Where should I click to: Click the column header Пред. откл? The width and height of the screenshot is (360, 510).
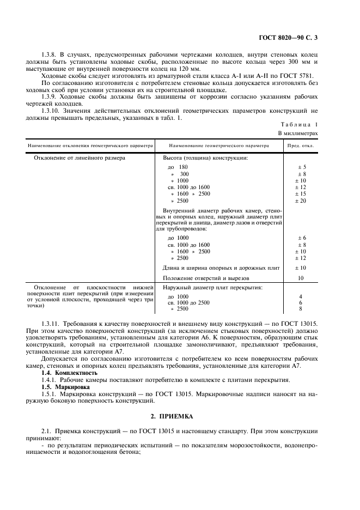[300, 146]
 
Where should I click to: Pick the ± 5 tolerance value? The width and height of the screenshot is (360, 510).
[302, 167]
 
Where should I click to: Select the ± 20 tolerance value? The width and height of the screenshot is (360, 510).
[302, 201]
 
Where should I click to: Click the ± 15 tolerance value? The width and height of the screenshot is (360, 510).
[302, 193]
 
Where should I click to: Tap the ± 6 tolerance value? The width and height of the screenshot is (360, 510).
[302, 238]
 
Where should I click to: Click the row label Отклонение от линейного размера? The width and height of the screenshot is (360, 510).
[80, 157]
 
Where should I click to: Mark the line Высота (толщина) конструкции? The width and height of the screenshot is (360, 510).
[205, 157]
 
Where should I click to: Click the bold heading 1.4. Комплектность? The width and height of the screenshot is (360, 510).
[70, 373]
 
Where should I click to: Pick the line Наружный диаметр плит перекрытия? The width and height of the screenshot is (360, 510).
[213, 287]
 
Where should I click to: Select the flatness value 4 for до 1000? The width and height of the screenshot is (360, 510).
[301, 296]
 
